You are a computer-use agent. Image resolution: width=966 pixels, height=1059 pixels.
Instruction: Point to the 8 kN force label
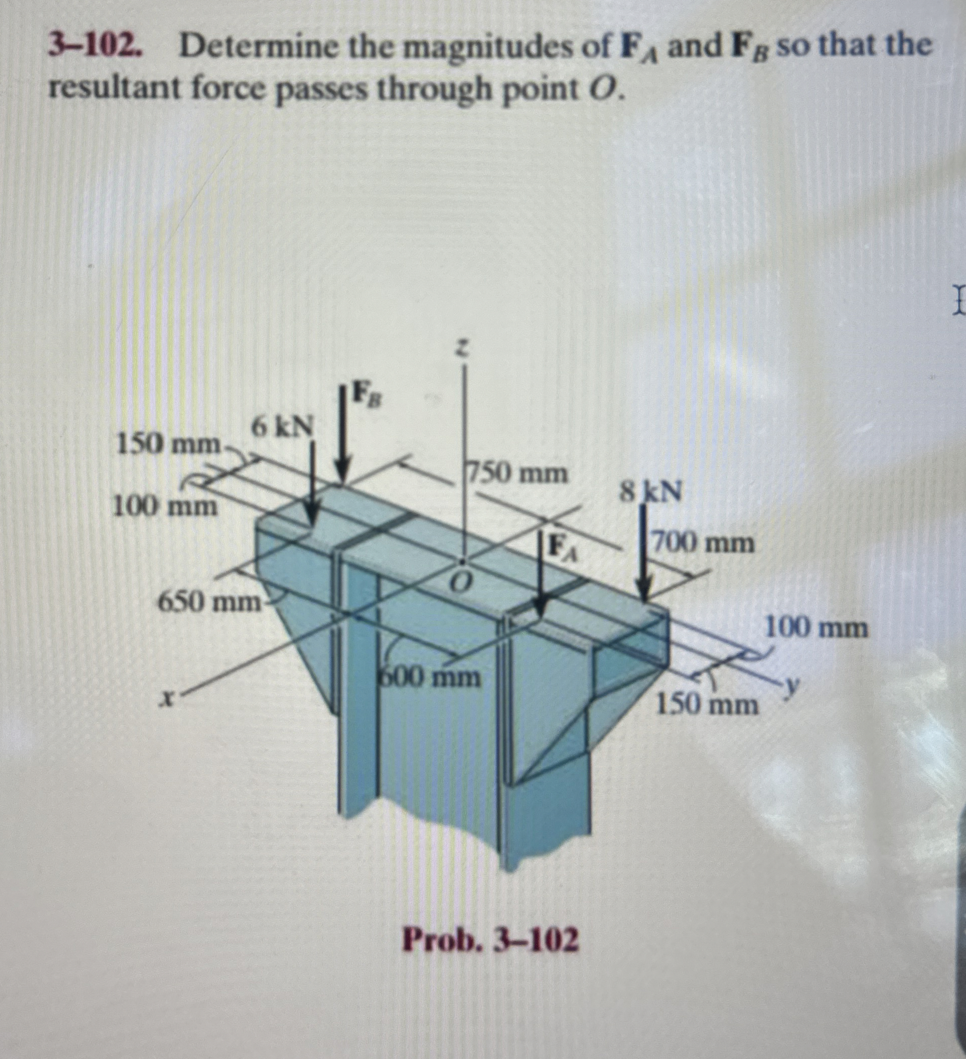click(650, 493)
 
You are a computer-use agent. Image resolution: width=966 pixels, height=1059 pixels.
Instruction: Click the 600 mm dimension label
click(430, 677)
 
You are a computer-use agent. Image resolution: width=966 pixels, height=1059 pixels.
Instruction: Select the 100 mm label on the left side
click(165, 507)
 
